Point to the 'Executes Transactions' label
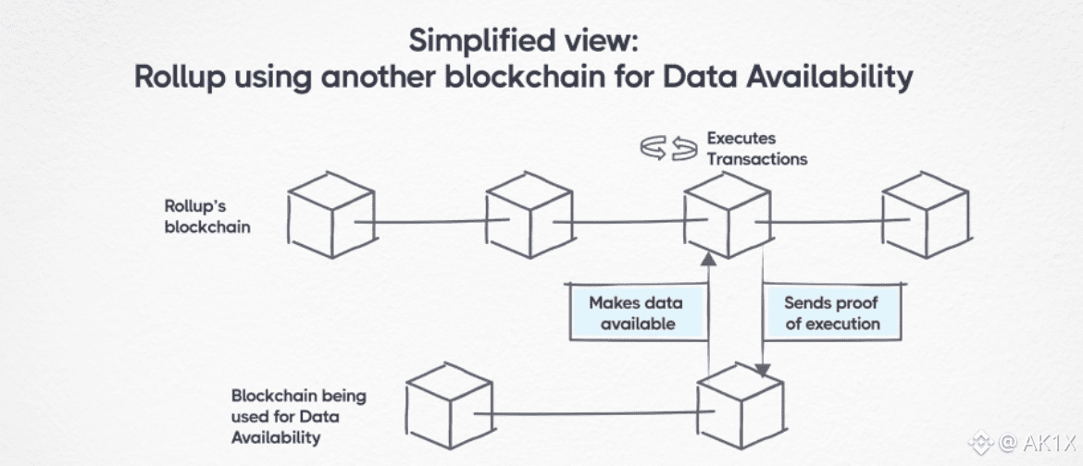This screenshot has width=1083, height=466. pyautogui.click(x=756, y=149)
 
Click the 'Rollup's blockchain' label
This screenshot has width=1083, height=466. pyautogui.click(x=206, y=215)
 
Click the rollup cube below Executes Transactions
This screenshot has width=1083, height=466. pyautogui.click(x=728, y=215)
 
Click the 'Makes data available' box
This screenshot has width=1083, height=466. pyautogui.click(x=637, y=313)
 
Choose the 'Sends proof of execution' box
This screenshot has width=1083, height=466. pyautogui.click(x=830, y=313)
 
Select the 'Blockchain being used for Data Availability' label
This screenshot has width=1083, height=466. pyautogui.click(x=298, y=416)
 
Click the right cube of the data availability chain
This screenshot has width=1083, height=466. pyautogui.click(x=740, y=408)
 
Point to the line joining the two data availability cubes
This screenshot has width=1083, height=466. pyautogui.click(x=592, y=412)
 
